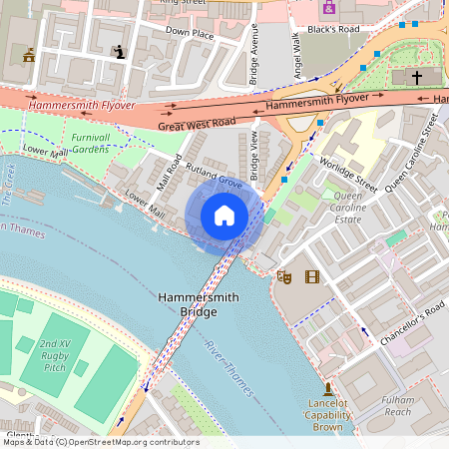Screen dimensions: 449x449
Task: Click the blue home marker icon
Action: tap(224, 216)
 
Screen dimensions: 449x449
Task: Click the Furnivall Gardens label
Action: tap(91, 143)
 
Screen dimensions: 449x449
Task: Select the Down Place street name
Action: tap(190, 32)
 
